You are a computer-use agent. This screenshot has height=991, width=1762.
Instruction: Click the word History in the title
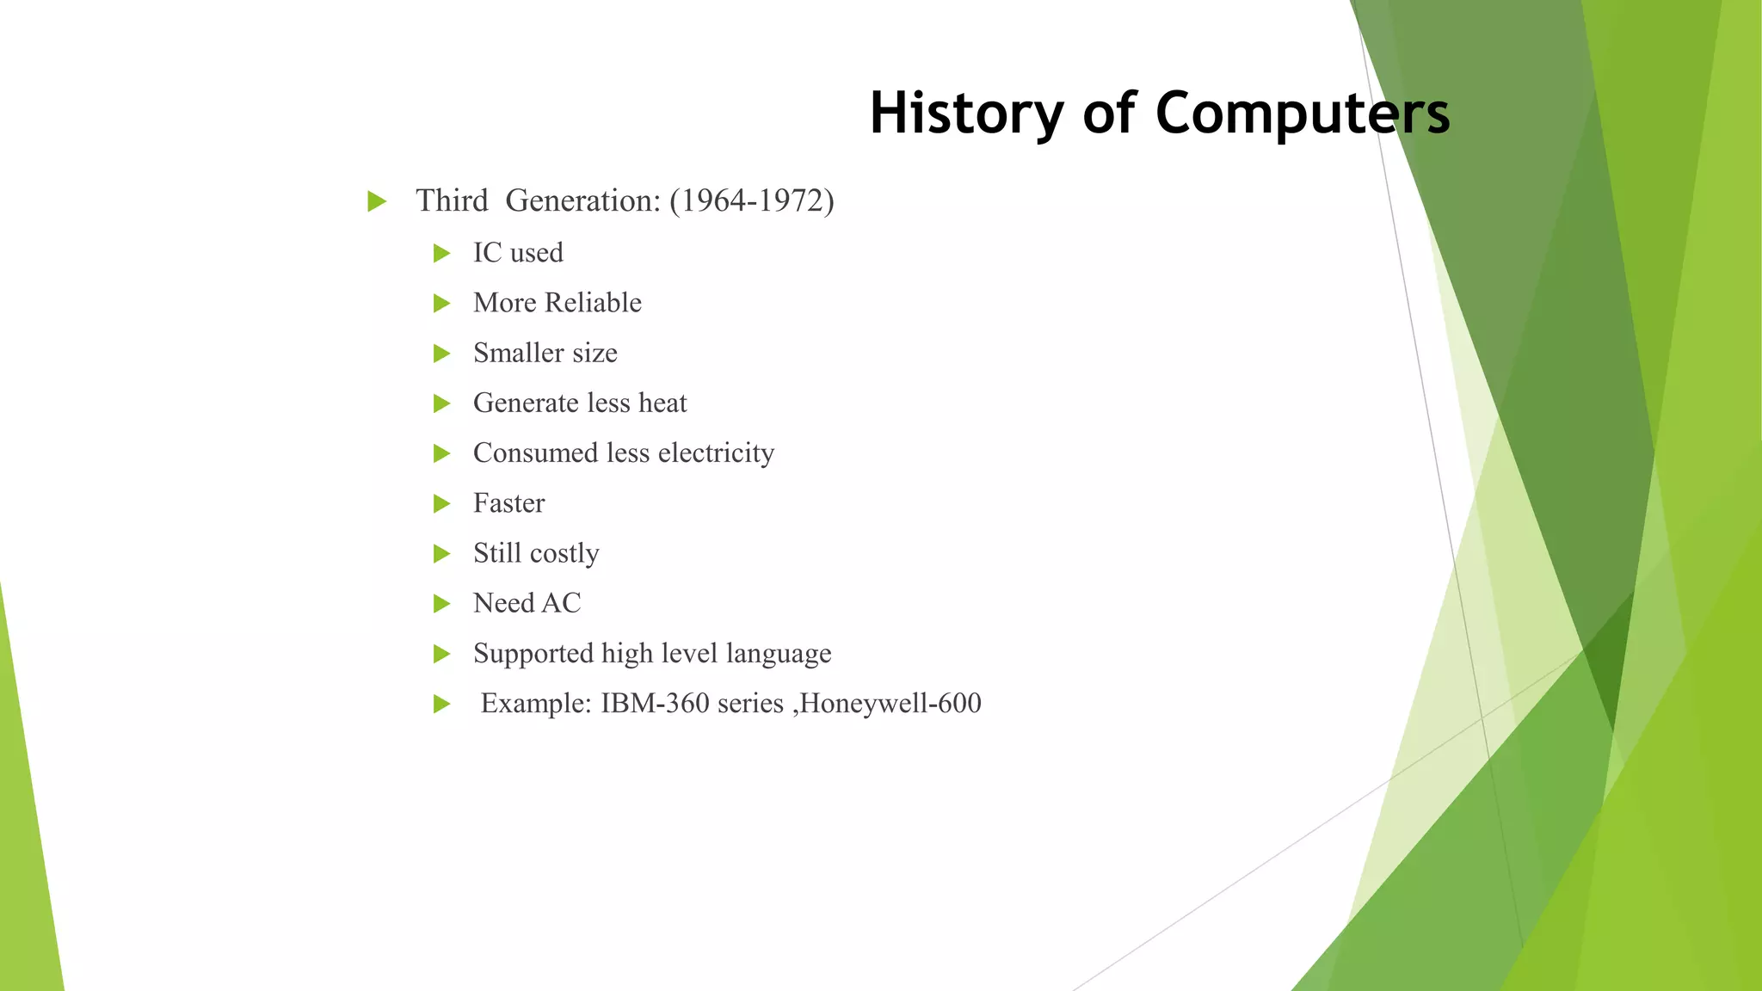(x=966, y=114)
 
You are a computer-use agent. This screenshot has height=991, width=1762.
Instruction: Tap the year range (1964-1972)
(x=751, y=200)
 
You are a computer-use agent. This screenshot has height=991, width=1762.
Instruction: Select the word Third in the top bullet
(x=452, y=200)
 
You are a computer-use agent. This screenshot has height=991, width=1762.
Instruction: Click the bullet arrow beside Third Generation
(x=376, y=202)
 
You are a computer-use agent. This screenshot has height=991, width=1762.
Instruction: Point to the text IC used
(x=518, y=253)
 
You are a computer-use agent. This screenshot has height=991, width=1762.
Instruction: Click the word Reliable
(x=593, y=303)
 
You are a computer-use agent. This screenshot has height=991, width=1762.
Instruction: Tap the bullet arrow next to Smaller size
(x=441, y=354)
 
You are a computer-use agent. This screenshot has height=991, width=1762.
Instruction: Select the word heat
(x=662, y=403)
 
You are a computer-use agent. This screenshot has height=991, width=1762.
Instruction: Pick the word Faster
(x=508, y=503)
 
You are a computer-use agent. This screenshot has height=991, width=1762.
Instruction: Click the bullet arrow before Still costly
(x=441, y=554)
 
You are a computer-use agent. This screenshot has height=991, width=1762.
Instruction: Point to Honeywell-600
(x=890, y=704)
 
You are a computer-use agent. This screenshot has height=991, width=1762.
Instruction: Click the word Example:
(x=535, y=704)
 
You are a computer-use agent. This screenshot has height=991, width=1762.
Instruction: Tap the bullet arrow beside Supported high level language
(x=441, y=655)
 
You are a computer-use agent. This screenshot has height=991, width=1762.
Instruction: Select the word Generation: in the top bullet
(x=582, y=200)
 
